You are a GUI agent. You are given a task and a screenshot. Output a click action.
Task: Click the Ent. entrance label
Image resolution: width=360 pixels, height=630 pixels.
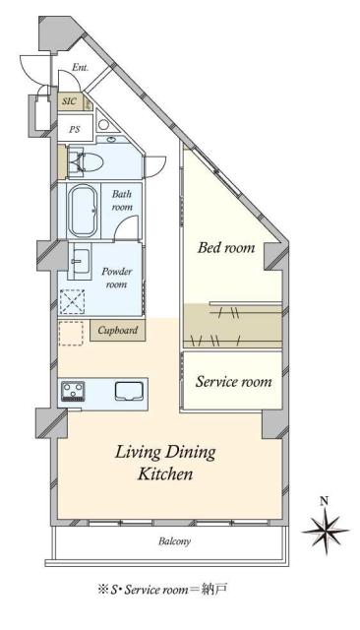[x=81, y=68]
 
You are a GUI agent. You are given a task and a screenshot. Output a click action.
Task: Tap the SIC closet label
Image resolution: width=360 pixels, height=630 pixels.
[x=69, y=101]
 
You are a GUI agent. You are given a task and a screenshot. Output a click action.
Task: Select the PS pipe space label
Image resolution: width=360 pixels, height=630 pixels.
[x=74, y=129]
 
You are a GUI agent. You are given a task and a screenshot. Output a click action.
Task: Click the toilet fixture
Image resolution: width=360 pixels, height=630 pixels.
[x=86, y=162]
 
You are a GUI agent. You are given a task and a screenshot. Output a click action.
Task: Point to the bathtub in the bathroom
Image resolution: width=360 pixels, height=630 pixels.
[x=83, y=211]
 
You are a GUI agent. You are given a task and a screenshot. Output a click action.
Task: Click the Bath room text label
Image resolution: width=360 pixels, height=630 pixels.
[x=122, y=201]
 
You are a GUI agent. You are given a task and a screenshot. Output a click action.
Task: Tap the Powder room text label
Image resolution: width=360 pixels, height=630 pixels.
[x=117, y=278]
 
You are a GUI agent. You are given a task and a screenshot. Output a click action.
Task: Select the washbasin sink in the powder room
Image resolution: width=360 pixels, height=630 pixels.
[x=82, y=261]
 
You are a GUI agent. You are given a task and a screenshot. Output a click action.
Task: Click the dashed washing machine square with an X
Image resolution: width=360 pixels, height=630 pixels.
[x=73, y=301]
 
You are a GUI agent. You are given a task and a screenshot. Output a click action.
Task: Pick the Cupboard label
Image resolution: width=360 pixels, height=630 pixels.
[x=118, y=331]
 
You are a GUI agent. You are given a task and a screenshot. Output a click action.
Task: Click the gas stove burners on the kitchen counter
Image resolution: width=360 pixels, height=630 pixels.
[x=73, y=391]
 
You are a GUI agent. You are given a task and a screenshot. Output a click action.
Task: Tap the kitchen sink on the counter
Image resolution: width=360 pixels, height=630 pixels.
[x=129, y=391]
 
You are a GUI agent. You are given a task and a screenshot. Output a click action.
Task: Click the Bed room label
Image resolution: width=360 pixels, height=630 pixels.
[x=226, y=247]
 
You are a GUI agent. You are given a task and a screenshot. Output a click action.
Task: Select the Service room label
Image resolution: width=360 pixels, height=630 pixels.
[x=233, y=382]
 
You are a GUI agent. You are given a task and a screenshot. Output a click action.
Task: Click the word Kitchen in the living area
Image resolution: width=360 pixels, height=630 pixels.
[x=165, y=473]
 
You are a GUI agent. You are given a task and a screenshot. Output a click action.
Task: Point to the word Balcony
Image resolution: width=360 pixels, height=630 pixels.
[x=174, y=541]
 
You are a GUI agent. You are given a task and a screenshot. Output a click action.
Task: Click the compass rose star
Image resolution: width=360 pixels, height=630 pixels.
[x=326, y=531]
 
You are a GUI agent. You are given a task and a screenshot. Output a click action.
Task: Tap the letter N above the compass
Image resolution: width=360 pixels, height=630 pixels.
[x=325, y=501]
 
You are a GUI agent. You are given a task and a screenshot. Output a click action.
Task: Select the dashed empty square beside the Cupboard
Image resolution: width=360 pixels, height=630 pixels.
[x=71, y=333]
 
